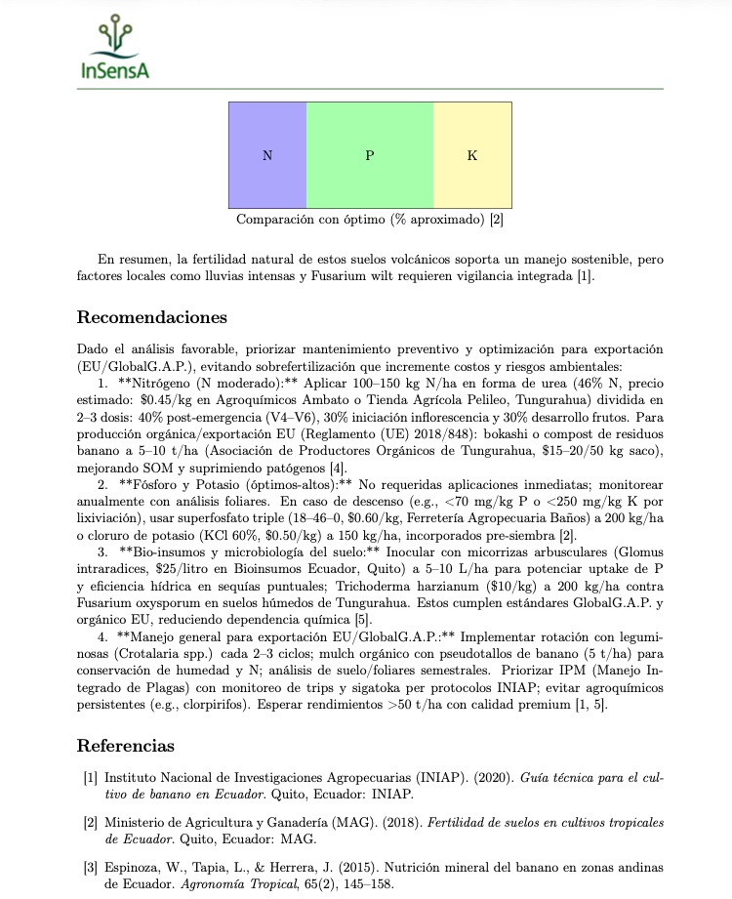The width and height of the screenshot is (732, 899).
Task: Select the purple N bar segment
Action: (267, 155)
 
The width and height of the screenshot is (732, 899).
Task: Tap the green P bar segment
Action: (370, 155)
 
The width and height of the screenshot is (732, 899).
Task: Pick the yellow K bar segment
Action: (472, 155)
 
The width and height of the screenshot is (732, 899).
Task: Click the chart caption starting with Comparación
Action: (370, 219)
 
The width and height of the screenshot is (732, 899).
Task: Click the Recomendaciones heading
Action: (151, 317)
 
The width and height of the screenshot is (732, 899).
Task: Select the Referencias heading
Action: (125, 746)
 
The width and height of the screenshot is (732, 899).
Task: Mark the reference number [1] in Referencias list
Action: (90, 778)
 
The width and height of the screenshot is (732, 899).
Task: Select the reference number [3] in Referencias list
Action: (90, 868)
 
